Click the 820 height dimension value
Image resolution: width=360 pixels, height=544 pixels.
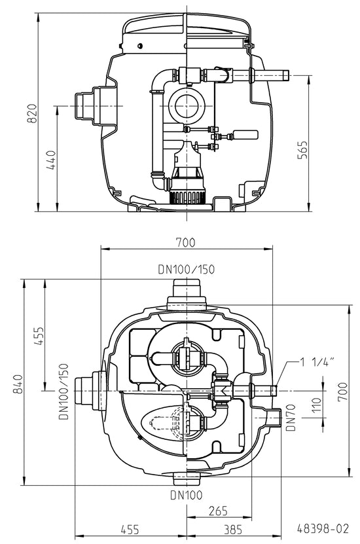coord(32,113)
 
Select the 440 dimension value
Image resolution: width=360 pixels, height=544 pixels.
coord(51,160)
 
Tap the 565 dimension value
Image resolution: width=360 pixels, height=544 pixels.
coord(303,150)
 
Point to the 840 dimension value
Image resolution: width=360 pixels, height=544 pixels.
coord(18,384)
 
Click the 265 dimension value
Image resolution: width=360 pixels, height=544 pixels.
coord(218,511)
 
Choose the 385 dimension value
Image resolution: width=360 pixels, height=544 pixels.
coord(233,530)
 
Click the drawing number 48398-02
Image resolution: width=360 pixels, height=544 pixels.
coord(323,528)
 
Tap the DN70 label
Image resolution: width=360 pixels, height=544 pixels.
coord(291,418)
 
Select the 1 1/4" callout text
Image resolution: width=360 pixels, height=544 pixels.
coord(317,362)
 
